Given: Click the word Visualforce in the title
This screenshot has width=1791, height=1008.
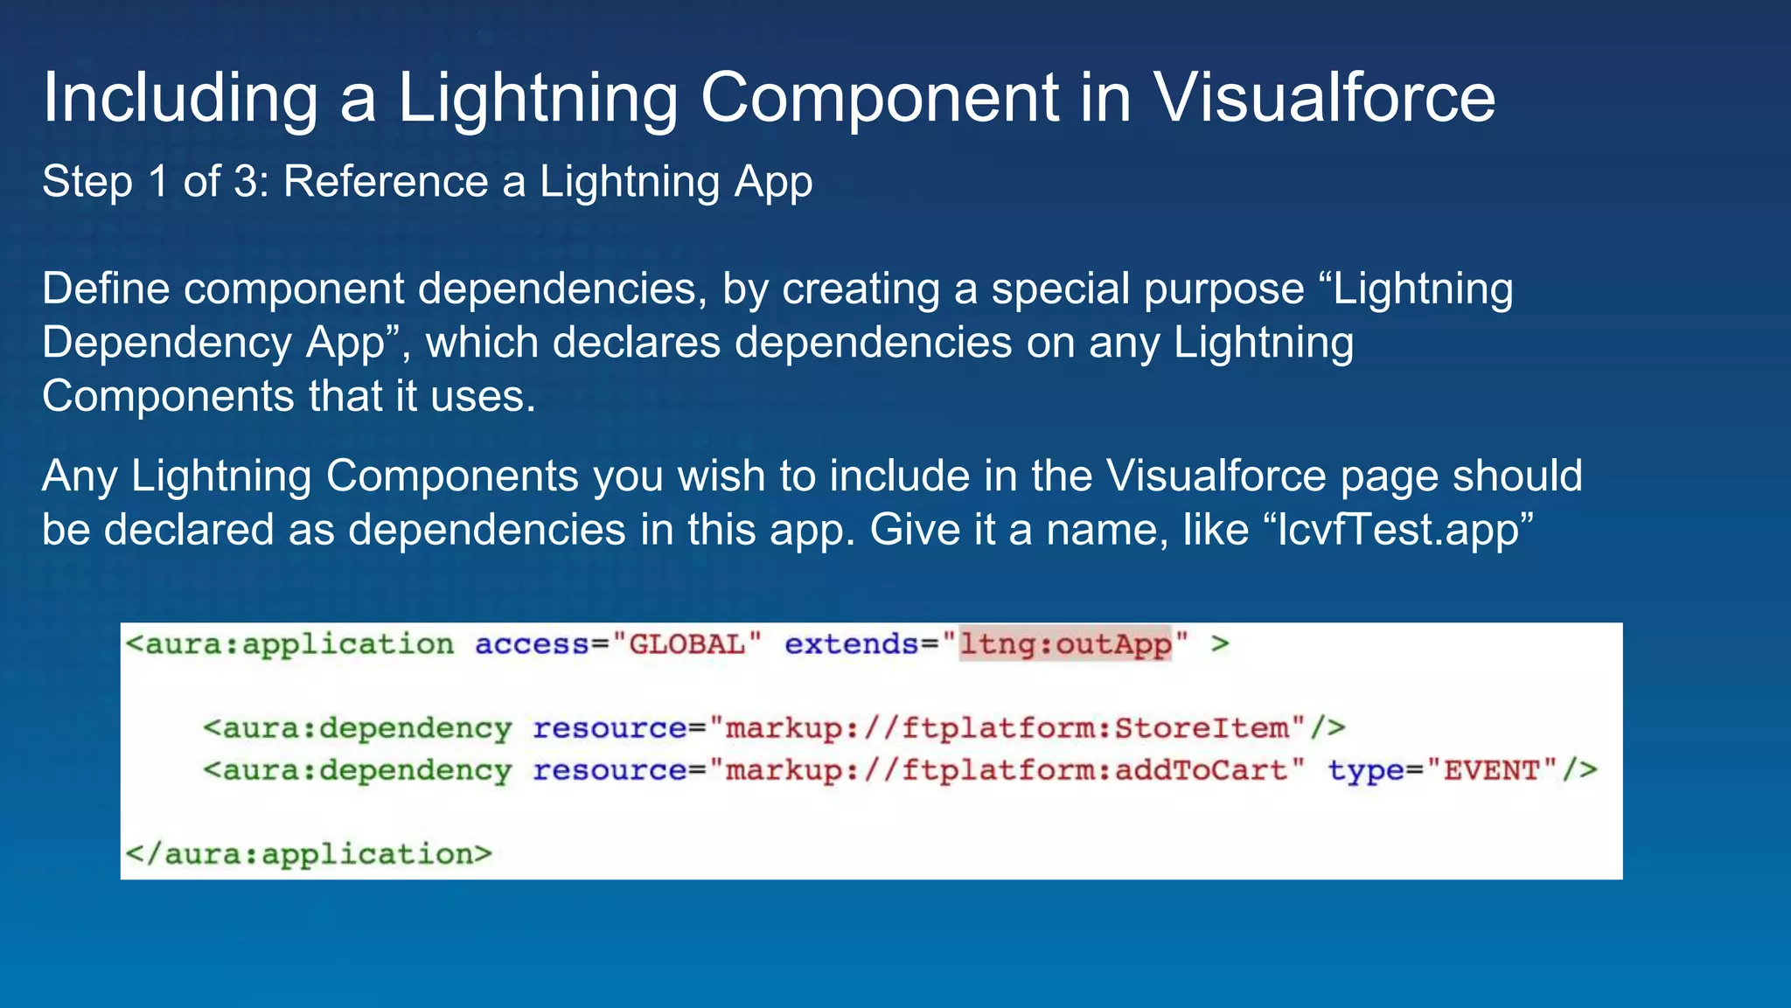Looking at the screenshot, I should pyautogui.click(x=1324, y=98).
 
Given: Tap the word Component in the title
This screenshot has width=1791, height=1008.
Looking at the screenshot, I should pyautogui.click(x=880, y=98).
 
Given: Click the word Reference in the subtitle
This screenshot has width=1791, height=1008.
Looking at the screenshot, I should pyautogui.click(x=386, y=182).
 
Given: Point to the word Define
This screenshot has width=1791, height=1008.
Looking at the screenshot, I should pyautogui.click(x=106, y=288).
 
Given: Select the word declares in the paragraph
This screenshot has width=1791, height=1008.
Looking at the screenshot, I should pyautogui.click(x=637, y=343).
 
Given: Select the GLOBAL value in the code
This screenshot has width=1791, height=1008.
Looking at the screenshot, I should pyautogui.click(x=686, y=644).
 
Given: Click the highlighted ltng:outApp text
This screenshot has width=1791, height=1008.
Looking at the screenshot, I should pyautogui.click(x=1065, y=644).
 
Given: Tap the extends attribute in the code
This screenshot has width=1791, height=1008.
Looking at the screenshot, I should pyautogui.click(x=850, y=644).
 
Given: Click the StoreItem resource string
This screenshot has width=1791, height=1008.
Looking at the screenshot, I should pyautogui.click(x=1007, y=727).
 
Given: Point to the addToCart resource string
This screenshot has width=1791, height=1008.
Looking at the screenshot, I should pyautogui.click(x=1007, y=770).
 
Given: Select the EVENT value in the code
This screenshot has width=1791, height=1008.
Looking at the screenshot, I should pyautogui.click(x=1491, y=770).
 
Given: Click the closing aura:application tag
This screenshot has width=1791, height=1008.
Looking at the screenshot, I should pyautogui.click(x=309, y=853).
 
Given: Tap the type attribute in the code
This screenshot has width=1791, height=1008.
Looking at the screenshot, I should pyautogui.click(x=1365, y=770).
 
